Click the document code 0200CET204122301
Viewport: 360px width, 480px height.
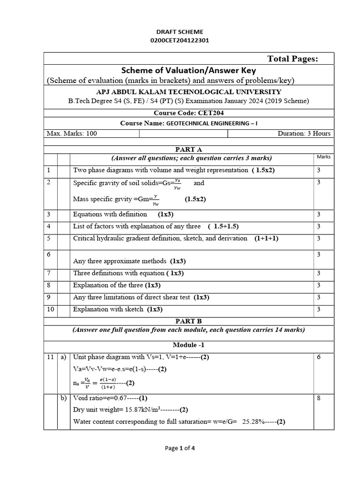[180, 40]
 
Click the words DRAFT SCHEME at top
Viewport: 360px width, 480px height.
[180, 32]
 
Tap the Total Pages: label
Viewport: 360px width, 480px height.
[292, 59]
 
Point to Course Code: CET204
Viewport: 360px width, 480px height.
[188, 113]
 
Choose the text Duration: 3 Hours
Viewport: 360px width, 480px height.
[304, 134]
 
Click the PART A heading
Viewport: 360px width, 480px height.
[188, 150]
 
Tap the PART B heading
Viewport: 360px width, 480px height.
[188, 321]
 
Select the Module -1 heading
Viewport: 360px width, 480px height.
[188, 345]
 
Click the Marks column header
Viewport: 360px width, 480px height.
[323, 157]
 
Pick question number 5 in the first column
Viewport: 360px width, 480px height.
[49, 239]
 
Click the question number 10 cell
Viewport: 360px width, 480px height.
[50, 309]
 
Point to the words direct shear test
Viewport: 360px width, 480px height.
[169, 297]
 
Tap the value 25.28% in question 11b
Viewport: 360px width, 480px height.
[253, 421]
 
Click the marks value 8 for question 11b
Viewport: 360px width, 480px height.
[319, 398]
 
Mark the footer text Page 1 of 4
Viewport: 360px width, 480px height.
[180, 448]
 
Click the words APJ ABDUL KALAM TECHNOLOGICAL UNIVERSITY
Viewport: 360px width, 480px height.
[188, 92]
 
